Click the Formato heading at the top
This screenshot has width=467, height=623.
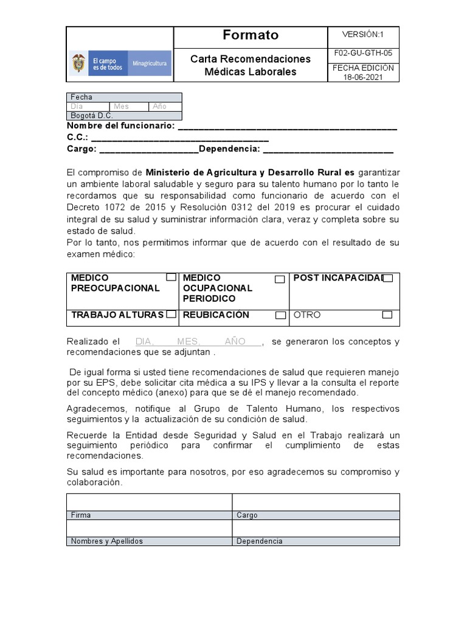pyautogui.click(x=251, y=35)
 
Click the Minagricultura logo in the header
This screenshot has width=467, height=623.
pyautogui.click(x=120, y=63)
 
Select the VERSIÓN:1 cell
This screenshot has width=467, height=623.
pyautogui.click(x=363, y=35)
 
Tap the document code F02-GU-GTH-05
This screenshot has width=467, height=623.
pyautogui.click(x=363, y=53)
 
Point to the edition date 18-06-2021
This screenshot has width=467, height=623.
pyautogui.click(x=363, y=77)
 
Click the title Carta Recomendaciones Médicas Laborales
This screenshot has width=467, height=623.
pyautogui.click(x=251, y=65)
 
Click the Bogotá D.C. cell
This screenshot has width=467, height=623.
pyautogui.click(x=92, y=116)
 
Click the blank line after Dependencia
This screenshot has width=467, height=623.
pyautogui.click(x=328, y=149)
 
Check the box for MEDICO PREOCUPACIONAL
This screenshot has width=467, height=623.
pyautogui.click(x=171, y=277)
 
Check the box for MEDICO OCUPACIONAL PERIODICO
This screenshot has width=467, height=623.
pyautogui.click(x=280, y=279)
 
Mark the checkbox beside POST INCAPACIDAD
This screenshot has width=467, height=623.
pyautogui.click(x=388, y=278)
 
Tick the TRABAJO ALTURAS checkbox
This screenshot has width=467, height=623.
pyautogui.click(x=171, y=315)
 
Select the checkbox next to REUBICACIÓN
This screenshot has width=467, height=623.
pyautogui.click(x=280, y=315)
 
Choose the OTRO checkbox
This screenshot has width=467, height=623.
pyautogui.click(x=387, y=315)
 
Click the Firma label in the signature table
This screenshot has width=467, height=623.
pyautogui.click(x=81, y=515)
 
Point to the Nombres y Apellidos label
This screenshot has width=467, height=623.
pyautogui.click(x=106, y=541)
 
